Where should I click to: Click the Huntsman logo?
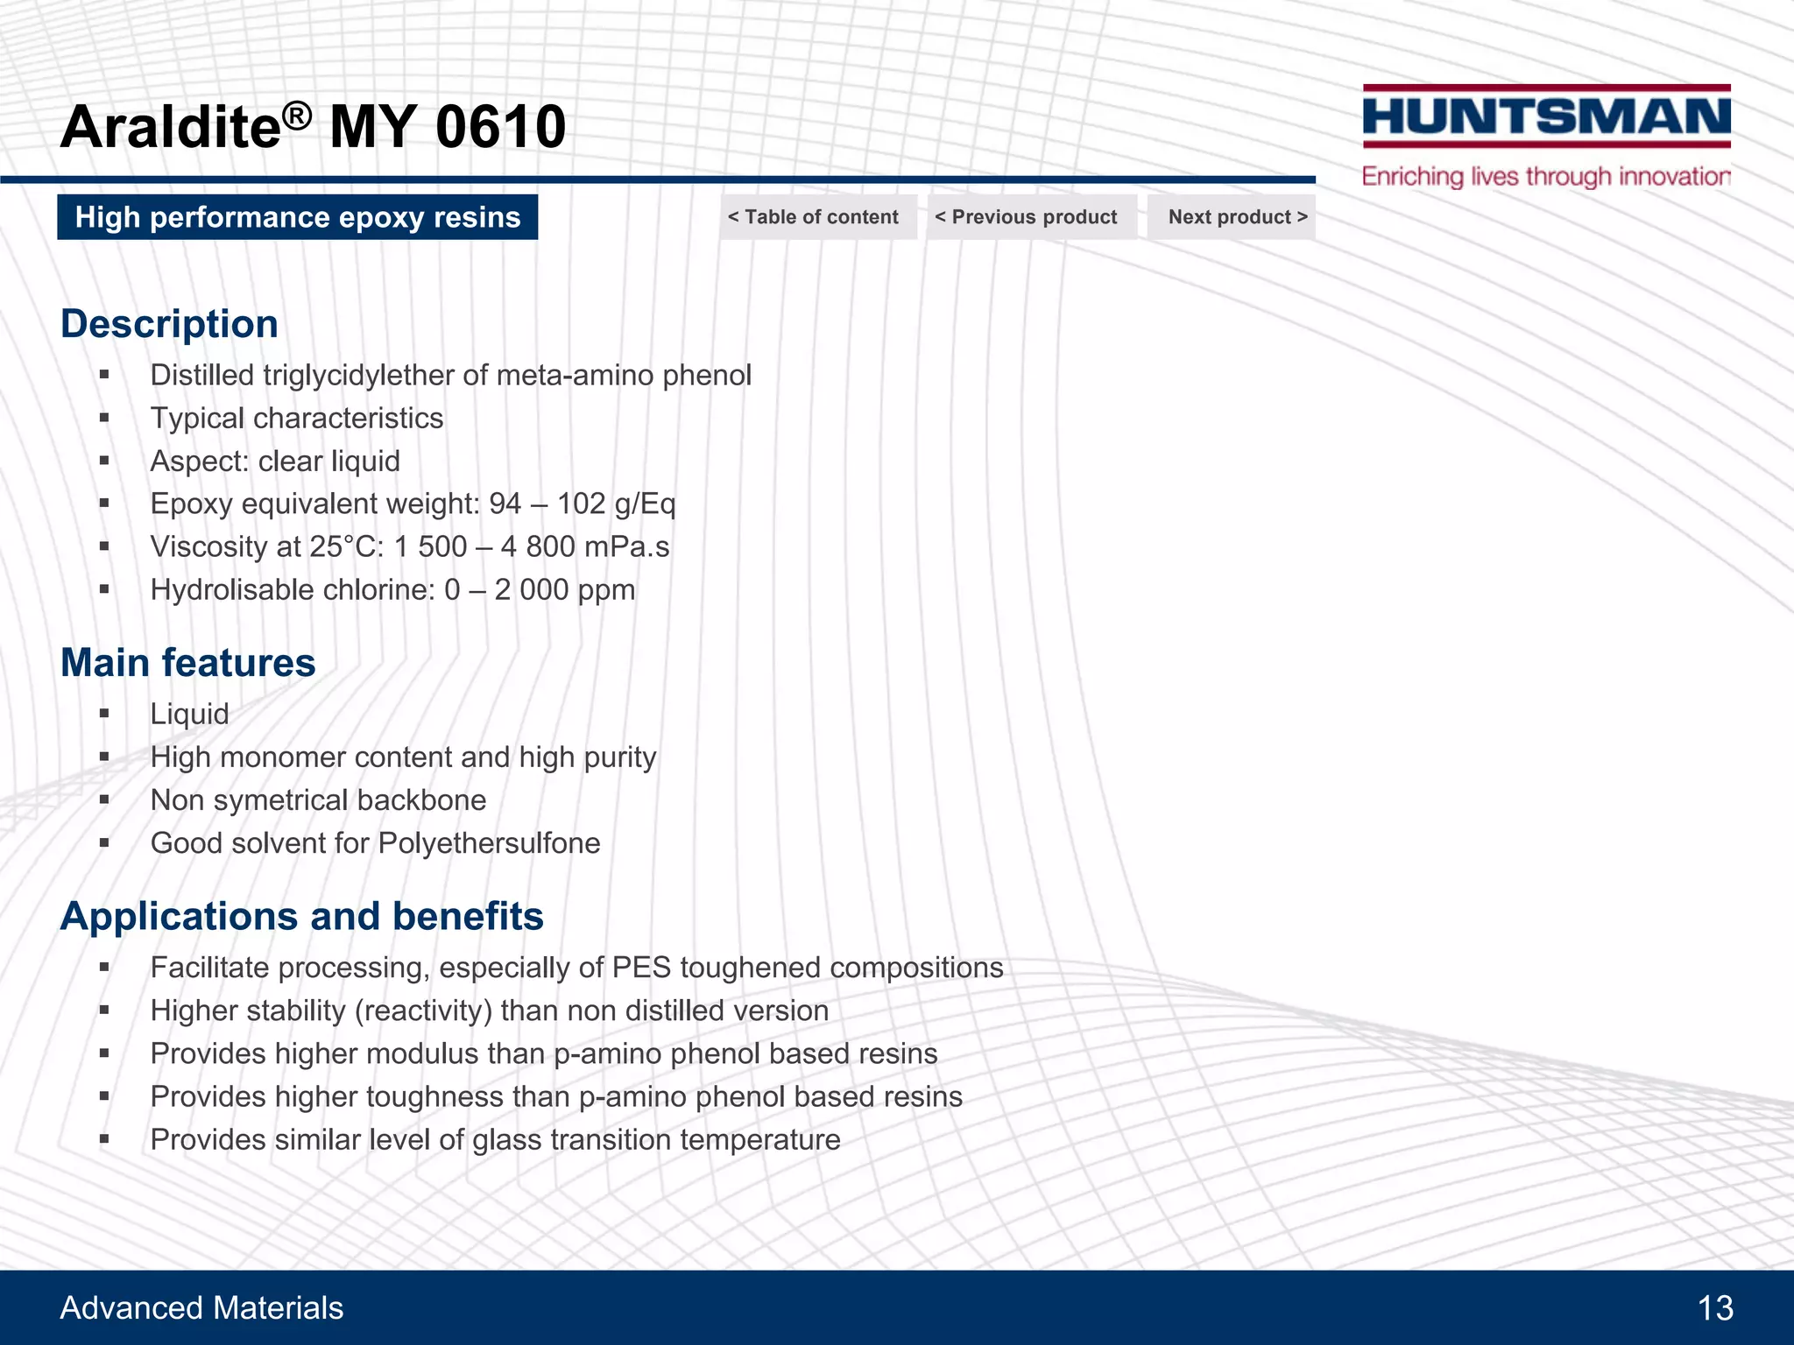click(1546, 117)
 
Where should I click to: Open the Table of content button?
click(814, 217)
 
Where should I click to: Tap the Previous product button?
click(1027, 217)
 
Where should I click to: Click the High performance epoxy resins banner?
click(298, 217)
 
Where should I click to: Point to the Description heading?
click(169, 324)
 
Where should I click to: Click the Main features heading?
click(187, 663)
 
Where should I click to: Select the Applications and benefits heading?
click(301, 917)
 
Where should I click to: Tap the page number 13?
click(1715, 1308)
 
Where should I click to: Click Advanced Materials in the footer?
click(201, 1308)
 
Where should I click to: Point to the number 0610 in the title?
click(500, 127)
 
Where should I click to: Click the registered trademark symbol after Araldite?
click(298, 115)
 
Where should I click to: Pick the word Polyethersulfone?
click(489, 843)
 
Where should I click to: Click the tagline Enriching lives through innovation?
click(1546, 177)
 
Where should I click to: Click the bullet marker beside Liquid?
click(104, 715)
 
